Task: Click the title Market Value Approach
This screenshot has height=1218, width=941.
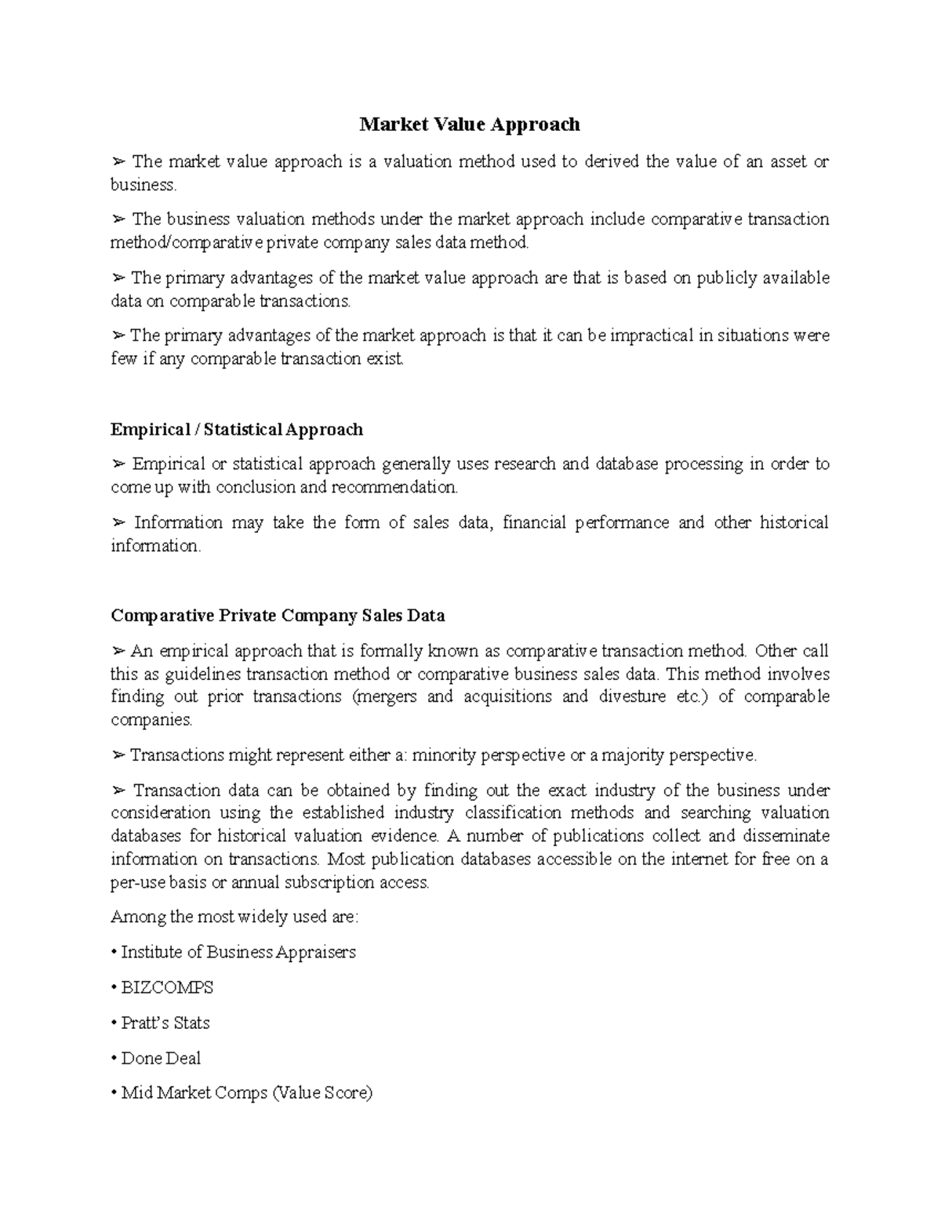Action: [470, 125]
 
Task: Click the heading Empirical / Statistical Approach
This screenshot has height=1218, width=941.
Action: [237, 430]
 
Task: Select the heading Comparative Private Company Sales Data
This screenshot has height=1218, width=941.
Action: [278, 616]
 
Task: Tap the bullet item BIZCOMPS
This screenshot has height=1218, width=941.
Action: [166, 987]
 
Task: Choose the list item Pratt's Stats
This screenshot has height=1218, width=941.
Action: [165, 1023]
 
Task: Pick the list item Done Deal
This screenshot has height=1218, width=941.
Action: [161, 1058]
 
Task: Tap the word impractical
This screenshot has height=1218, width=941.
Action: [652, 336]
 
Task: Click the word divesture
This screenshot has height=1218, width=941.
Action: [632, 696]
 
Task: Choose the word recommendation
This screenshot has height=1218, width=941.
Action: [394, 487]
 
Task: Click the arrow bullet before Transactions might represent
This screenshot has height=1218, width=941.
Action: [118, 755]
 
